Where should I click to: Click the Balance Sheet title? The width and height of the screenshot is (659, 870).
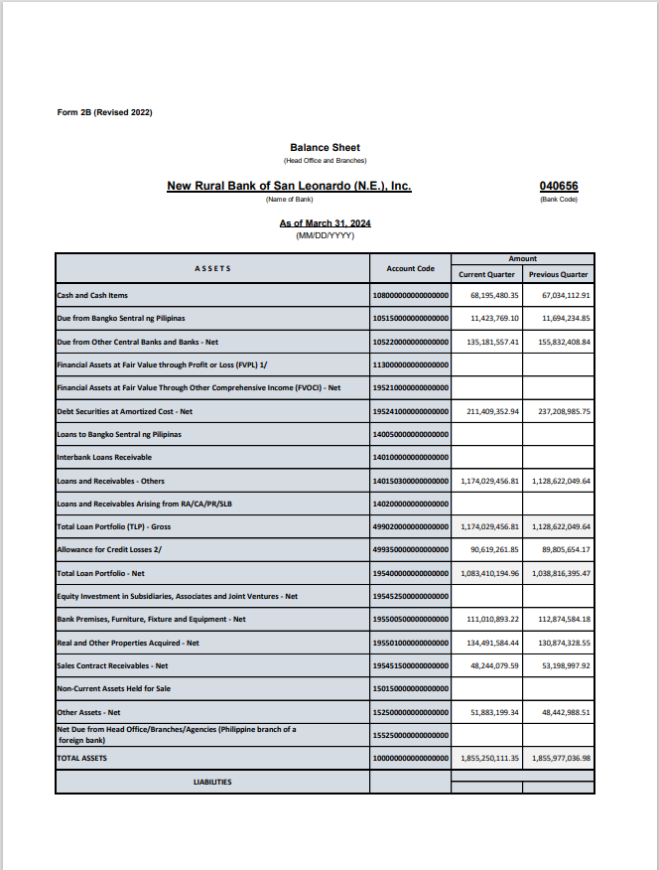pos(325,148)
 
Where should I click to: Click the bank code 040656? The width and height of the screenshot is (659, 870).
pos(559,186)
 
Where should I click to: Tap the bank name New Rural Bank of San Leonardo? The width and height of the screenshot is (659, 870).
pos(289,186)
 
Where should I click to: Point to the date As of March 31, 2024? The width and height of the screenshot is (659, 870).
pos(325,223)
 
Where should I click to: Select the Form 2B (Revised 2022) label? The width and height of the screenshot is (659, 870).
pos(105,112)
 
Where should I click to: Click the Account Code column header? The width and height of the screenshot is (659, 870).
pos(410,268)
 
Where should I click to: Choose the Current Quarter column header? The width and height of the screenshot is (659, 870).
pos(486,274)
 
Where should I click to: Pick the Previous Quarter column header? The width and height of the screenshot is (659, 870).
pos(558,274)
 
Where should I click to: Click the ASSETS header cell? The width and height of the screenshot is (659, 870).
pos(212,268)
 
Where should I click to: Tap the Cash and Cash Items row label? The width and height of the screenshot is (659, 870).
pos(92,295)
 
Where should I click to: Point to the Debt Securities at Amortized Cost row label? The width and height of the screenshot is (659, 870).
pos(125,411)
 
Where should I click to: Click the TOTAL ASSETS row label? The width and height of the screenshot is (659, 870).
pos(81,758)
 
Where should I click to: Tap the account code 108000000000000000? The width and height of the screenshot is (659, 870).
pos(411,295)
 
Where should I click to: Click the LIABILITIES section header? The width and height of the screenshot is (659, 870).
pos(211,782)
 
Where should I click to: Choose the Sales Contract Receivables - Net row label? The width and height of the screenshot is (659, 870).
pos(112,665)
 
